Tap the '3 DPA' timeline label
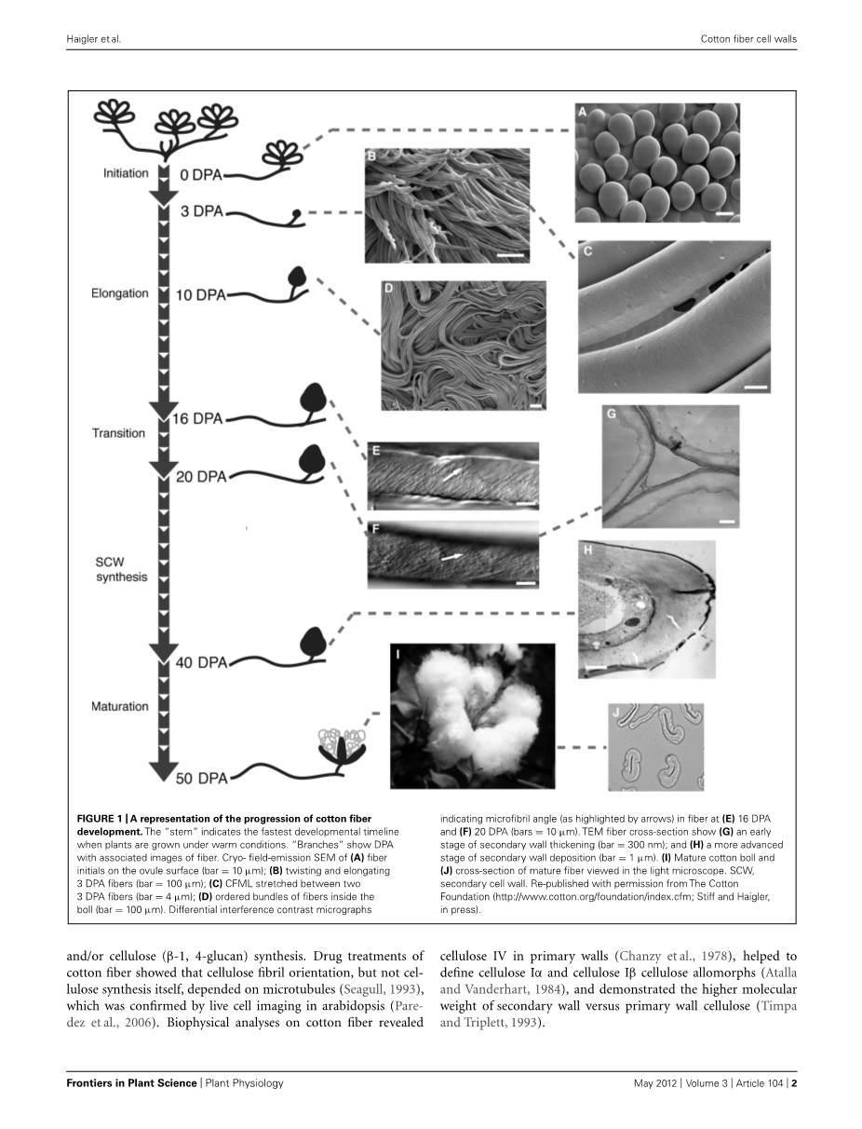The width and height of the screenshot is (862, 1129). pos(201,211)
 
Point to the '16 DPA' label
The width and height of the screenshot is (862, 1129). pos(197,419)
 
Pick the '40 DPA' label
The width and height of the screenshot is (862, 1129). pos(201,663)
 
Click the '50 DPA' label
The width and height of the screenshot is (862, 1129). pos(201,777)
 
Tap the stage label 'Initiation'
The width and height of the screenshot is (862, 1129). pos(126,172)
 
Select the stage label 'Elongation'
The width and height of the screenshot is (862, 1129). pos(119,293)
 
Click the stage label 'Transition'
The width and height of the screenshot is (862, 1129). pos(118,433)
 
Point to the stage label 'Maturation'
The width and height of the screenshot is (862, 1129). pos(119,706)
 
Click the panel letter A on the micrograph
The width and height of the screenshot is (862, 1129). pos(584,113)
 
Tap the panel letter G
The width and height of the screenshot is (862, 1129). pos(613,413)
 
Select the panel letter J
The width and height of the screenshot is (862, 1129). pos(616,714)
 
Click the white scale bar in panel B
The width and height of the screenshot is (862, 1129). pos(511,253)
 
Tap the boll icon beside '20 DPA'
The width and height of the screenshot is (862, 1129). pos(311,460)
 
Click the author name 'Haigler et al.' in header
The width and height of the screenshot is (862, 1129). pos(95,39)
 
